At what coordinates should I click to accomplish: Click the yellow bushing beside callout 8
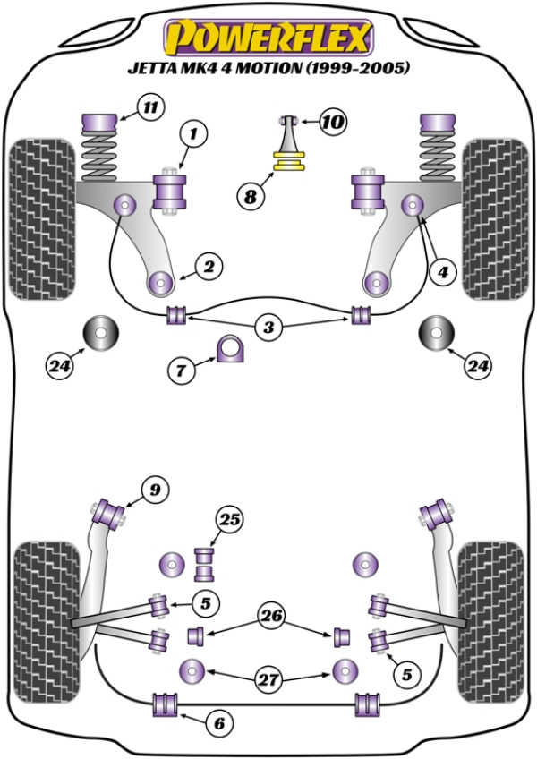click(x=289, y=164)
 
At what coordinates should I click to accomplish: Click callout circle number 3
click(x=268, y=328)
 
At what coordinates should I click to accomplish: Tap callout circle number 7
click(x=180, y=368)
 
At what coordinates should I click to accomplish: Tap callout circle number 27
click(x=268, y=680)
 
